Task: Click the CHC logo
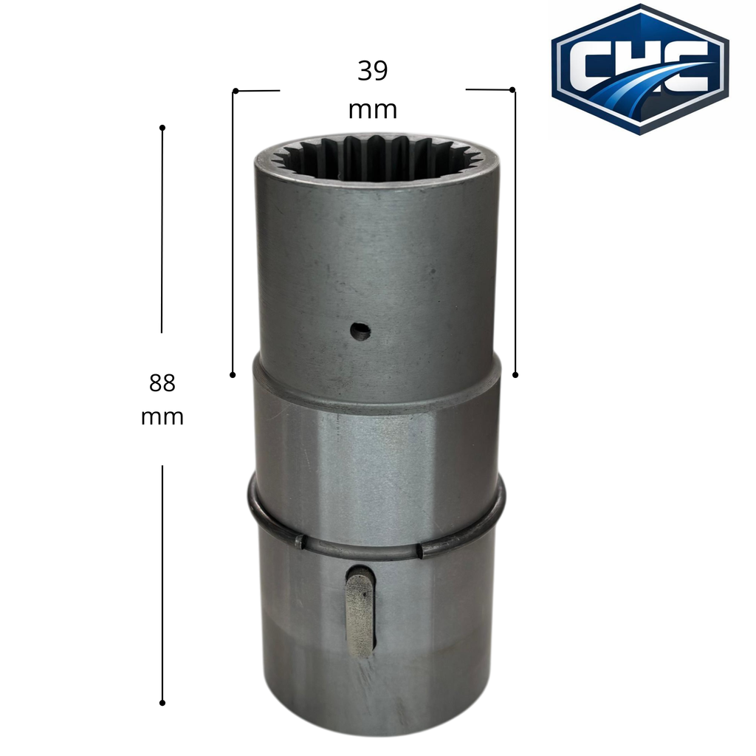click(x=640, y=70)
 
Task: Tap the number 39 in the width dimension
click(x=372, y=71)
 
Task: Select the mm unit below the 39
click(x=373, y=111)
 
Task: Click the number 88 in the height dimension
click(x=162, y=383)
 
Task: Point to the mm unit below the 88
click(x=162, y=418)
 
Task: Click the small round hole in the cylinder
click(x=360, y=331)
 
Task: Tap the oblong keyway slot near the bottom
click(x=360, y=611)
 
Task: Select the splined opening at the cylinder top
click(x=377, y=159)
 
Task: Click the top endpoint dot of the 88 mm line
click(x=162, y=128)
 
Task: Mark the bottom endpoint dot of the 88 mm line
click(x=162, y=703)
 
